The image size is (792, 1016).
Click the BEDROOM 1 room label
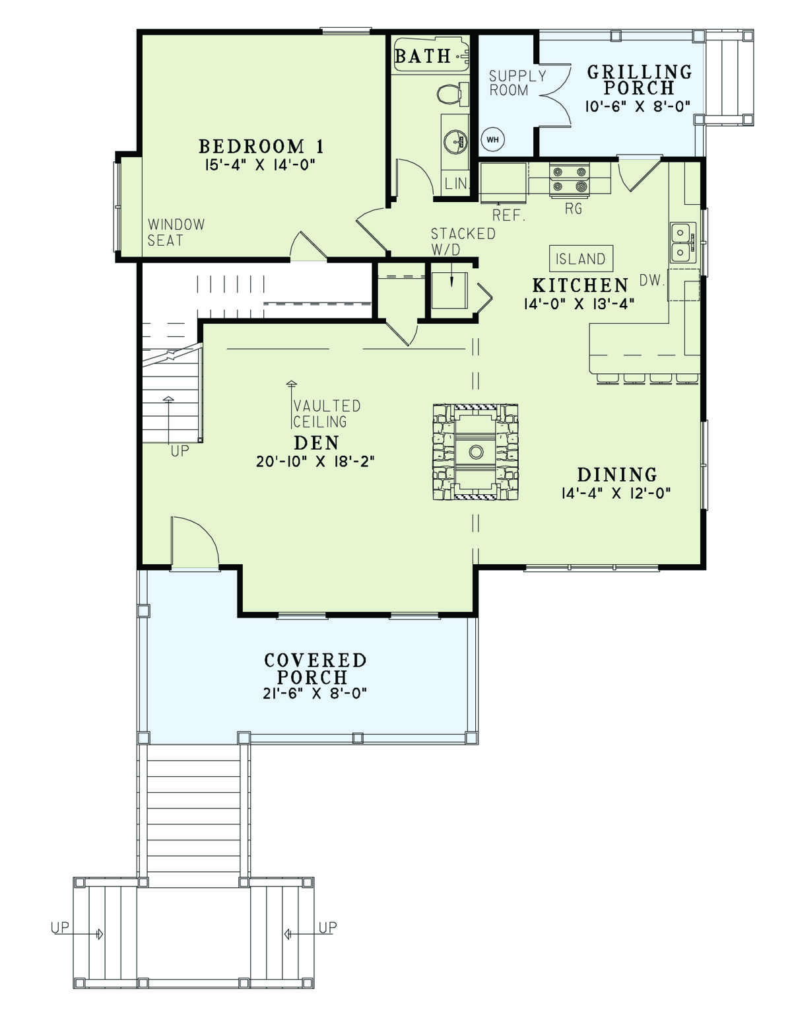pos(261,147)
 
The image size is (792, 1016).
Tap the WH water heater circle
pos(492,139)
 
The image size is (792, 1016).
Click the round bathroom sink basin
pos(455,139)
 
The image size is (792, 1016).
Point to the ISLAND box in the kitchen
pos(580,258)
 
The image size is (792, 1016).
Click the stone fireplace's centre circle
pos(475,452)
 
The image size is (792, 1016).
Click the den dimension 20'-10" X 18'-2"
pos(315,462)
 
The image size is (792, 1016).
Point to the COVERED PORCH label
pos(315,669)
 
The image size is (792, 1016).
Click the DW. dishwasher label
pos(651,280)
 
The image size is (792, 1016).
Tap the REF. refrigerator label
pos(509,215)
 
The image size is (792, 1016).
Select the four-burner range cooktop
pos(569,179)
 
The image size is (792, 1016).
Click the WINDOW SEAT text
pos(176,233)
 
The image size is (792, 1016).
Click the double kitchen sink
pos(683,243)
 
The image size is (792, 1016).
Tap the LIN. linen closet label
pos(456,183)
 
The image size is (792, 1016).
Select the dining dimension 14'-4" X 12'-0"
pos(616,493)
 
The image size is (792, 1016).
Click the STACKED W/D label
pos(463,241)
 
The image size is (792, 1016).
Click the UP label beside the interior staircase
pos(180,451)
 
